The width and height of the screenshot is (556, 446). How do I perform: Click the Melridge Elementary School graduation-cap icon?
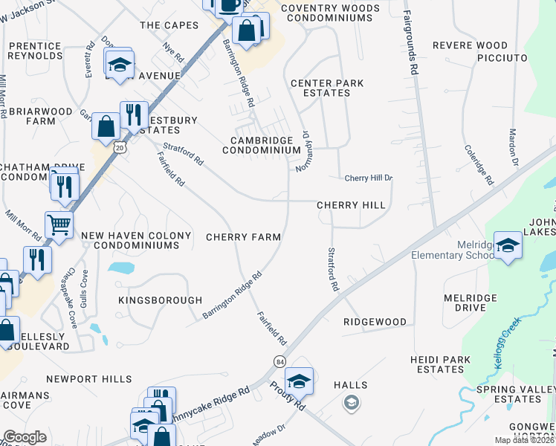tap(508, 245)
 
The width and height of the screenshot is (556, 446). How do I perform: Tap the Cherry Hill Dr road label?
tap(367, 178)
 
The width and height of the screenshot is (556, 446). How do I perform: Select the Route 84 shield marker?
tap(279, 361)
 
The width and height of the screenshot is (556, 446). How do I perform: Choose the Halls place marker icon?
tap(351, 404)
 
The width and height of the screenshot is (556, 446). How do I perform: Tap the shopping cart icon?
tap(59, 224)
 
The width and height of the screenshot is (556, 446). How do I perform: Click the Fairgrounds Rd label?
tap(410, 36)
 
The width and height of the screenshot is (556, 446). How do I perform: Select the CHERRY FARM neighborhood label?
tap(243, 237)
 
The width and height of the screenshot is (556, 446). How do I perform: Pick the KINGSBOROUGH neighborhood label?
tap(160, 300)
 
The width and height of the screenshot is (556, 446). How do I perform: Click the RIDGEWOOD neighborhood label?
tap(375, 323)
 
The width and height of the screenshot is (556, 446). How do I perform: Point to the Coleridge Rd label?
tap(478, 164)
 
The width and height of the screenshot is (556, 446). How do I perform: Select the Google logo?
tap(25, 437)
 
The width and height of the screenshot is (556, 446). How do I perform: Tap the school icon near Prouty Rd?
tap(299, 381)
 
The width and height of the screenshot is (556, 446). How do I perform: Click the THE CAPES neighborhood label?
tap(169, 25)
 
